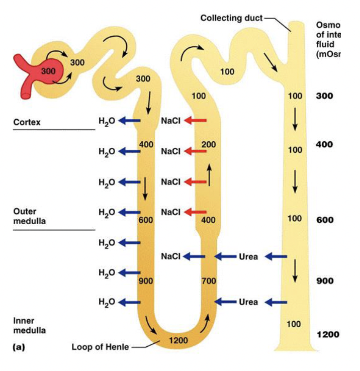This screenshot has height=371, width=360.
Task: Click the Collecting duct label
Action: pos(231,18)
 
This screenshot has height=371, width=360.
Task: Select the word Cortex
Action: pos(27,122)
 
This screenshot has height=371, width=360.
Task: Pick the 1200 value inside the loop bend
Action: pos(178,340)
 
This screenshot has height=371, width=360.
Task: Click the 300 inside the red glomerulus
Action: pos(48,71)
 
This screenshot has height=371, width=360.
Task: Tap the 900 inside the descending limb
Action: pos(145,281)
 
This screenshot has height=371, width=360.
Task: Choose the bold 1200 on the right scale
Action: pos(328,334)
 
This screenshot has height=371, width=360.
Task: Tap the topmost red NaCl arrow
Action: pos(196,121)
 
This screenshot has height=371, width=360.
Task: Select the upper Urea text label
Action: pos(248,257)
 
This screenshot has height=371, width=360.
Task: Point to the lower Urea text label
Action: pos(248,302)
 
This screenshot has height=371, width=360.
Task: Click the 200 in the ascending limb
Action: pos(208,144)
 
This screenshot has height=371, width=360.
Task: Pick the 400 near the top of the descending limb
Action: pos(146,144)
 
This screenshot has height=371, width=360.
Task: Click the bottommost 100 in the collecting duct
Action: pos(294,324)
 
